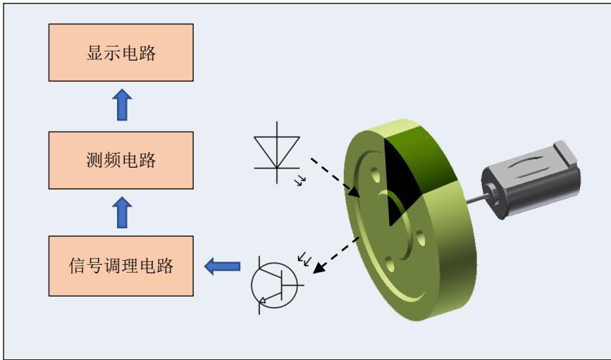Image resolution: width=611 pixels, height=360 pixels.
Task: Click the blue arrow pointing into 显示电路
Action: point(121,105)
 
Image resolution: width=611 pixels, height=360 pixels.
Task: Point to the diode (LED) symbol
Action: point(276,149)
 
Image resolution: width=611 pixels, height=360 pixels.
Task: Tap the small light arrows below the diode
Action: point(302,181)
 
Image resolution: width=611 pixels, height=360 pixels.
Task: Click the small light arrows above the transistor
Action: point(305,260)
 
